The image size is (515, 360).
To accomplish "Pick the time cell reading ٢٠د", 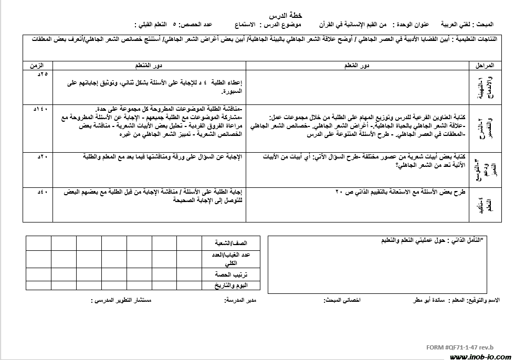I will [43, 156].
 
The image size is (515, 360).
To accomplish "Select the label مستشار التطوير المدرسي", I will [122, 301].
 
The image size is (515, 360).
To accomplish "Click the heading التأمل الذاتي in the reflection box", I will [463, 240].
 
